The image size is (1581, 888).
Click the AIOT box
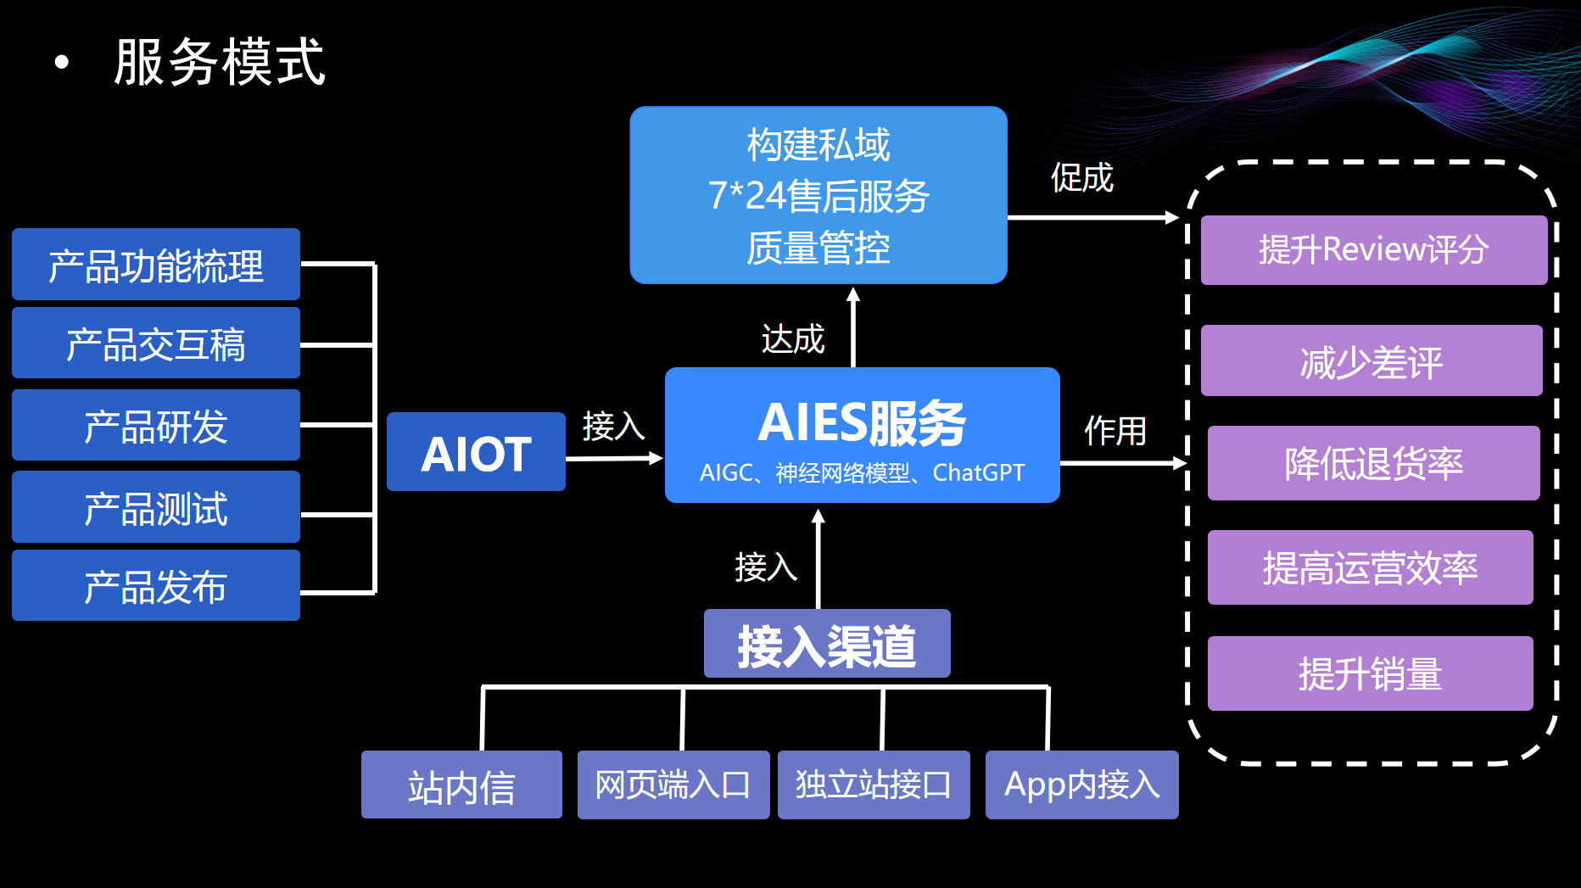476,452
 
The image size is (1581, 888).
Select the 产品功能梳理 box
156,265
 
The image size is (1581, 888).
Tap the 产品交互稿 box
156,343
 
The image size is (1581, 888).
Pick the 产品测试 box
156,507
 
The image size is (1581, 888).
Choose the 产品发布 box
156,586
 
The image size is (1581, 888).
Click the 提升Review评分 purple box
1373,250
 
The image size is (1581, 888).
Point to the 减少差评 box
1372,361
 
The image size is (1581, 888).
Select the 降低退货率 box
1373,463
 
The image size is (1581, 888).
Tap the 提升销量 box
1370,673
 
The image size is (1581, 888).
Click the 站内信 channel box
461,785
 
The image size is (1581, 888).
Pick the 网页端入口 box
673,785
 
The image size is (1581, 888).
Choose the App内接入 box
1081,785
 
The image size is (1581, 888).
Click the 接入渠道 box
827,644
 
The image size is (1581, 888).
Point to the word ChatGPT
979,472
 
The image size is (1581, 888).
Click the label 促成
1081,178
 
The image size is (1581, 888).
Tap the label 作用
1115,431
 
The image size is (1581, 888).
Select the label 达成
793,339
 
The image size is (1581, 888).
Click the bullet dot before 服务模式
61,62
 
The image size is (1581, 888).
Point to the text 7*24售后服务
818,196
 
